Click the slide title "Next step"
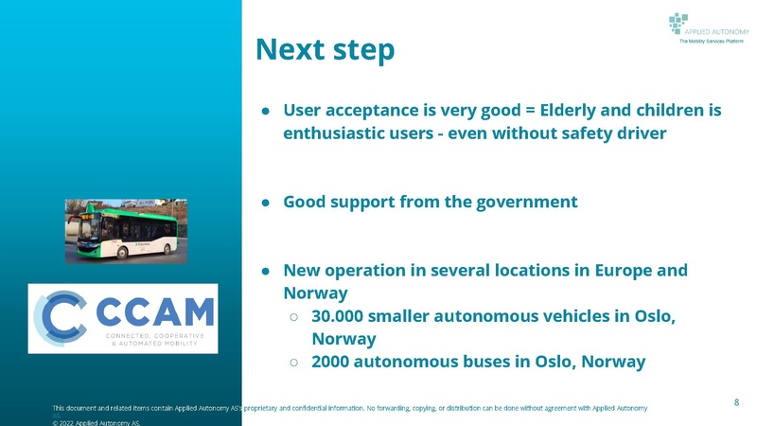[325, 50]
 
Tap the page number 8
[736, 403]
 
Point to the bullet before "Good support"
[267, 203]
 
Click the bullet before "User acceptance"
[267, 111]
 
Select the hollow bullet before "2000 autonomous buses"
[294, 362]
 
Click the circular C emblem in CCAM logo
[59, 317]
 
